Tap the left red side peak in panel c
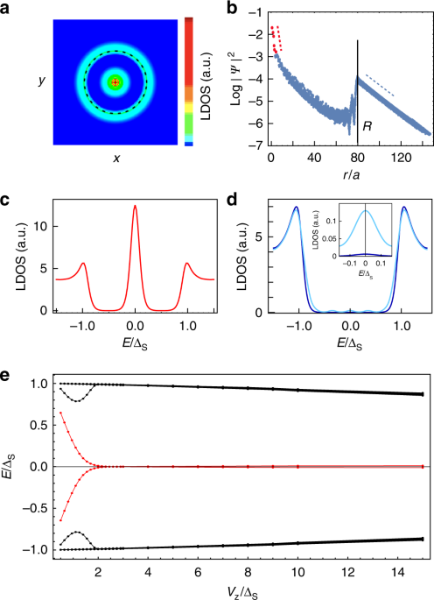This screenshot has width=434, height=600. pyautogui.click(x=83, y=263)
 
